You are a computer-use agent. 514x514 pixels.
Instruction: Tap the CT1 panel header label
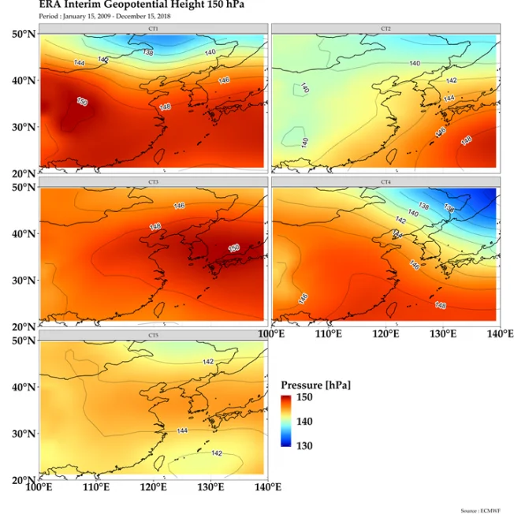tap(153, 28)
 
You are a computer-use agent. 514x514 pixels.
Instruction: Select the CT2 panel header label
tap(385, 28)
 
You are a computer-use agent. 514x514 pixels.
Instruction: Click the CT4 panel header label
tap(385, 182)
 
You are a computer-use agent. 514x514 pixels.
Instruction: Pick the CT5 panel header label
tap(153, 336)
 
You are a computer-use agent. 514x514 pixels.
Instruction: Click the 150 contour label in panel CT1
tap(82, 101)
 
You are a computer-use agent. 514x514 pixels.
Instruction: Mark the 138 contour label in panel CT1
tap(148, 53)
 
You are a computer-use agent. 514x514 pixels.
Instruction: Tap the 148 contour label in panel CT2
tap(466, 140)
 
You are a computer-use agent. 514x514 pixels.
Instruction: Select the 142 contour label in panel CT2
tap(451, 81)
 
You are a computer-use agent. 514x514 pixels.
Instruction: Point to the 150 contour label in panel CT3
tap(234, 248)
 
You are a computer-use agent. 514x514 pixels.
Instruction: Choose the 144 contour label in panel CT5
tap(182, 431)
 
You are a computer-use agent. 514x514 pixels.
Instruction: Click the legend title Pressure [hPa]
tap(315, 385)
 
